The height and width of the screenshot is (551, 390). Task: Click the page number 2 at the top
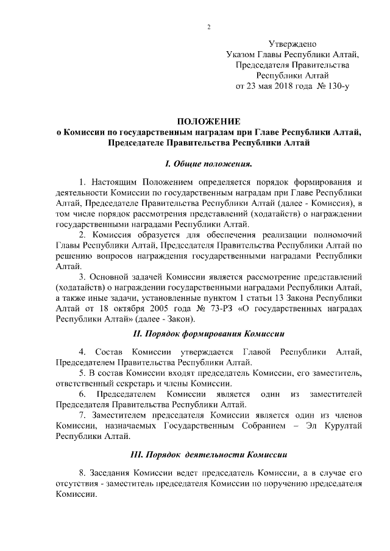coord(208,27)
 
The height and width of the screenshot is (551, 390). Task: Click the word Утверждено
coord(292,44)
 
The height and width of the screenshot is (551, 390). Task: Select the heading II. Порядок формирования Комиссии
coord(208,334)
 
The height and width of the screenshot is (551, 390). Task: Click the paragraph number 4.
coord(82,353)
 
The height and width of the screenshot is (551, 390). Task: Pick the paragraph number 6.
coord(82,395)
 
